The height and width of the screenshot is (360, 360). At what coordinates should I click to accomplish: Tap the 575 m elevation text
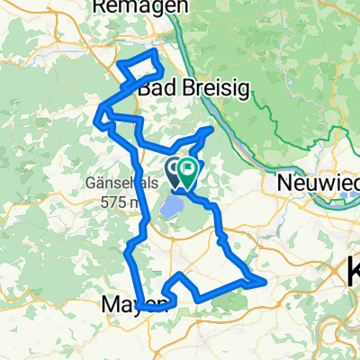[124, 201]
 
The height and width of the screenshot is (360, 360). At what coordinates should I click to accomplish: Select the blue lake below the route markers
[171, 210]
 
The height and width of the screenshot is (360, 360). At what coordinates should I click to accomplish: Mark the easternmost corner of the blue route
[266, 283]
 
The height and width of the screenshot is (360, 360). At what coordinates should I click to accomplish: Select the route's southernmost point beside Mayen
[144, 309]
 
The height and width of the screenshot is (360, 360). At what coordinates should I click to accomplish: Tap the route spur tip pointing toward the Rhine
[211, 129]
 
